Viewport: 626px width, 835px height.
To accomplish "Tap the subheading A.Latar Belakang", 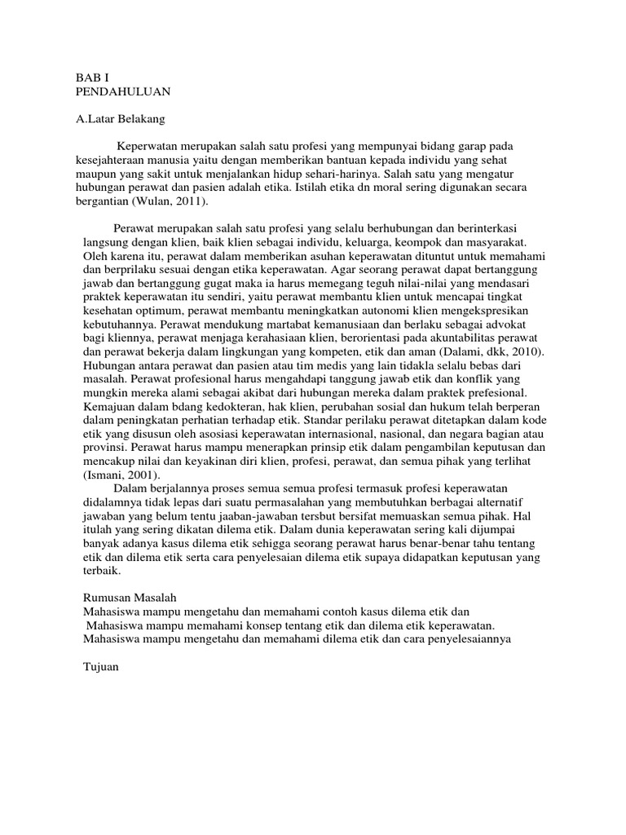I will (120, 119).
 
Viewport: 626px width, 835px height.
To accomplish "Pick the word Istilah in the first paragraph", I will (337, 188).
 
